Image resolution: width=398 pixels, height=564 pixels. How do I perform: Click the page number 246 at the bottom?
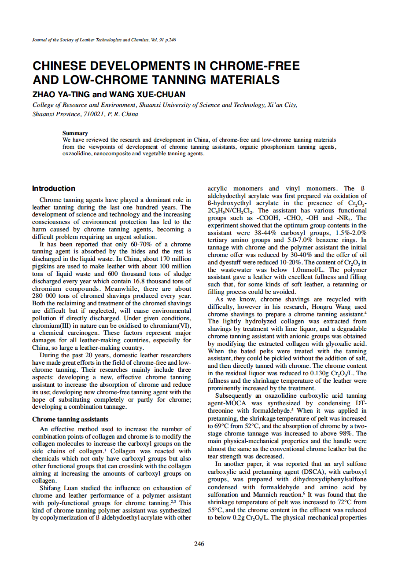point(199,544)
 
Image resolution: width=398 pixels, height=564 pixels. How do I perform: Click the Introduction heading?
point(53,188)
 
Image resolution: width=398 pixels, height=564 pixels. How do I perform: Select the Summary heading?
point(75,133)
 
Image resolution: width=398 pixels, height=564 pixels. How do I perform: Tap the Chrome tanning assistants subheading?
point(70,419)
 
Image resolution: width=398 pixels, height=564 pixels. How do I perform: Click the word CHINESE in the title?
point(65,66)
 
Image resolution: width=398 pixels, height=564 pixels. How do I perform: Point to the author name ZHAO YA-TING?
point(60,95)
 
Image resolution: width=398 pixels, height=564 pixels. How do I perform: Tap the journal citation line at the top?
point(104,40)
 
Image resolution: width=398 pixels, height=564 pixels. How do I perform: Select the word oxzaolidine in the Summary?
point(77,154)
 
